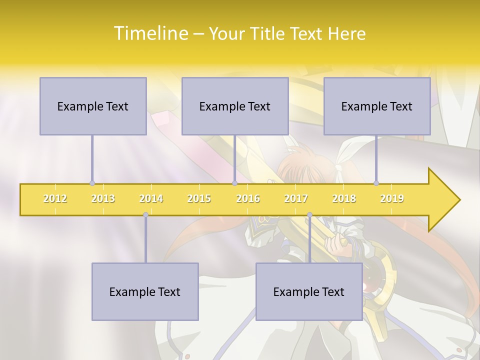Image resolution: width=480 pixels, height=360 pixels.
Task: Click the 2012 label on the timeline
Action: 55,198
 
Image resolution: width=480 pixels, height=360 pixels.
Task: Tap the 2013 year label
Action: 103,198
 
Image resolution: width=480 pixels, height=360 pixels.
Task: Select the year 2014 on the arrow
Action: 151,198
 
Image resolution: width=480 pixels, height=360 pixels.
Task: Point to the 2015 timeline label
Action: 199,198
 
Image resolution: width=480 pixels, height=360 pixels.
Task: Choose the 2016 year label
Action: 248,198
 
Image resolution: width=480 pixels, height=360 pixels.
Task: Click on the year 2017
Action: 296,198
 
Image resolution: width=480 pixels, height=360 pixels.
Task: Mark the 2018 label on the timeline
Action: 344,198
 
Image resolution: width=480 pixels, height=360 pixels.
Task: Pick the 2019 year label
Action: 392,198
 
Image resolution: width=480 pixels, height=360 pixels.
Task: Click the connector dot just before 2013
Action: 92,183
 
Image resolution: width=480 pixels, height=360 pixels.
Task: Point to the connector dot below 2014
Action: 145,214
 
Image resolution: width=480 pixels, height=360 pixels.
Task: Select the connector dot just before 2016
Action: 234,183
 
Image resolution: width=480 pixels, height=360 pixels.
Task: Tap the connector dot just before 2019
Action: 376,183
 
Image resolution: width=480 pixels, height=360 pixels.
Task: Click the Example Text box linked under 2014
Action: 145,291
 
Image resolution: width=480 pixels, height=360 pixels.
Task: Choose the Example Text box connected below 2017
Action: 309,291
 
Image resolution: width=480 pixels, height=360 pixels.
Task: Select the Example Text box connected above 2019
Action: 377,106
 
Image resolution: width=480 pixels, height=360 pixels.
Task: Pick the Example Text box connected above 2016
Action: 235,106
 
